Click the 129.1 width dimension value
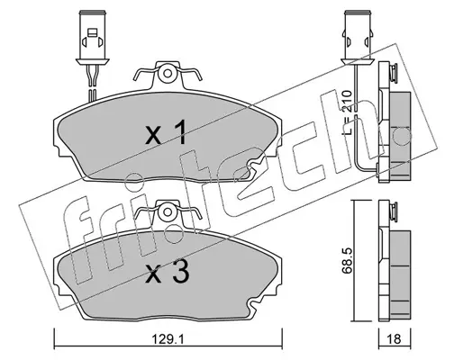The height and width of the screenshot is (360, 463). click(x=168, y=340)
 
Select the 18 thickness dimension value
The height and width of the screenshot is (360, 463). click(x=395, y=339)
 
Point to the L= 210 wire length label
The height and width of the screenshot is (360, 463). click(x=347, y=112)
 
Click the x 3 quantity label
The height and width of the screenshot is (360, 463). click(x=167, y=272)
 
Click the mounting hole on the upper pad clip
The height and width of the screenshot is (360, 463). click(x=168, y=73)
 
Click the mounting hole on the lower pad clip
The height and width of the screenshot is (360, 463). click(x=167, y=212)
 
